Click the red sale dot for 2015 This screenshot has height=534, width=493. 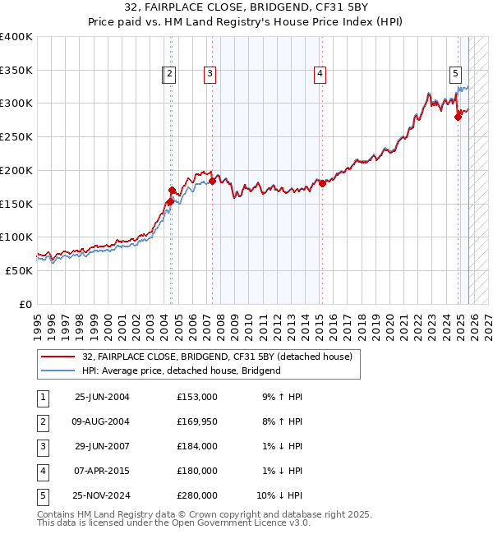[323, 183]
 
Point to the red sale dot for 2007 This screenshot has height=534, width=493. [213, 181]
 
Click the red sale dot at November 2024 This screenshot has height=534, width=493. [458, 117]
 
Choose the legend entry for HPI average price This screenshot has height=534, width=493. [181, 371]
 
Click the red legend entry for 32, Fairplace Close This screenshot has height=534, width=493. [217, 357]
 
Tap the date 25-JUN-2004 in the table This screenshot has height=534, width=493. [102, 397]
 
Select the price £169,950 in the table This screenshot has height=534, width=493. [196, 421]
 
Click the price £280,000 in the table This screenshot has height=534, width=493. [196, 495]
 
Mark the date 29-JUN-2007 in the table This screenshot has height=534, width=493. [102, 446]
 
